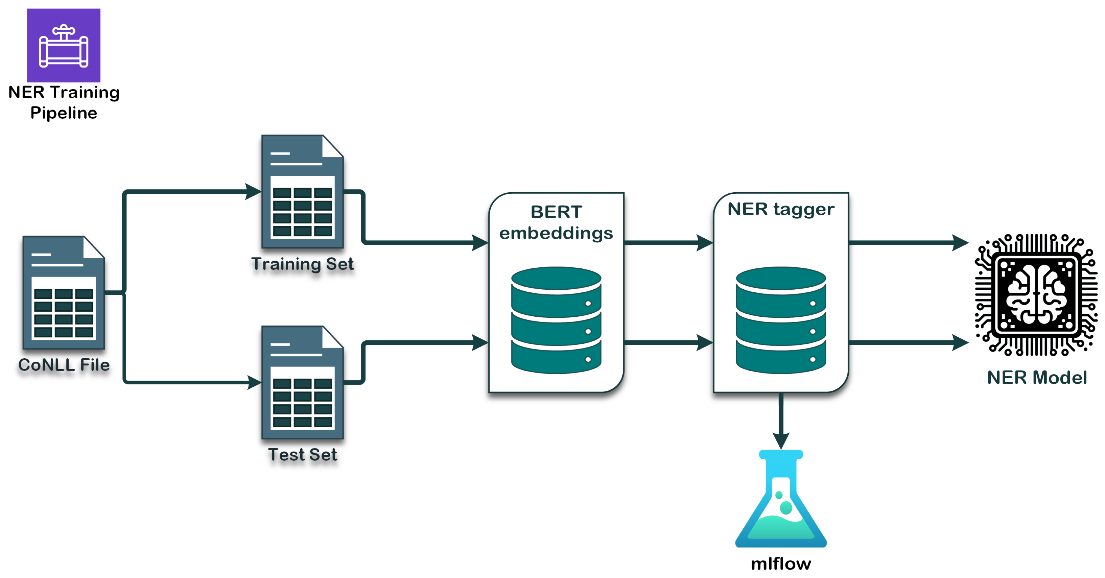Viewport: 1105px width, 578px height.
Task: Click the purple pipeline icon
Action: (x=64, y=45)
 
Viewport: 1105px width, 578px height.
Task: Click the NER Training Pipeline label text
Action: (x=64, y=102)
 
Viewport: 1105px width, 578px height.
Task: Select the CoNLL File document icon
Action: (x=64, y=292)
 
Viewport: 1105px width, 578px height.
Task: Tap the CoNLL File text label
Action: (x=64, y=365)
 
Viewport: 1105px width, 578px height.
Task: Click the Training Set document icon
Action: (x=302, y=192)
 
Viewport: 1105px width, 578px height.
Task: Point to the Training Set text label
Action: (x=302, y=264)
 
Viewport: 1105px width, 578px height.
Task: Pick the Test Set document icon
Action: (x=302, y=383)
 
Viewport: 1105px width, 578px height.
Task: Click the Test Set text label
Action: (x=302, y=455)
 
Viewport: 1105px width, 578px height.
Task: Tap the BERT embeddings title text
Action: (x=556, y=222)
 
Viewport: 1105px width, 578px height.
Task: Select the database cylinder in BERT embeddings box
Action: (x=556, y=320)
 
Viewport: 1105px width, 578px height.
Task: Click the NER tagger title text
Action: (x=781, y=209)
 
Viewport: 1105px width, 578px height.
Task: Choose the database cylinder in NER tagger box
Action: (x=781, y=320)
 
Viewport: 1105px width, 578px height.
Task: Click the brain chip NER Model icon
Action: (x=1036, y=295)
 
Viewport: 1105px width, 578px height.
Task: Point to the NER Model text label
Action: (x=1037, y=377)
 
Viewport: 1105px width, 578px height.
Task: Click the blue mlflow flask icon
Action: (x=781, y=500)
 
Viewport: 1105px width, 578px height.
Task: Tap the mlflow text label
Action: (x=781, y=563)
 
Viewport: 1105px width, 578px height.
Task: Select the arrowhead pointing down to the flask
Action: (x=781, y=441)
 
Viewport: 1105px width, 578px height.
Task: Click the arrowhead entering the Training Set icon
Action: (x=253, y=192)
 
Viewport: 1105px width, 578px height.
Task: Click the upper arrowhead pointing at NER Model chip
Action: (x=960, y=243)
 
